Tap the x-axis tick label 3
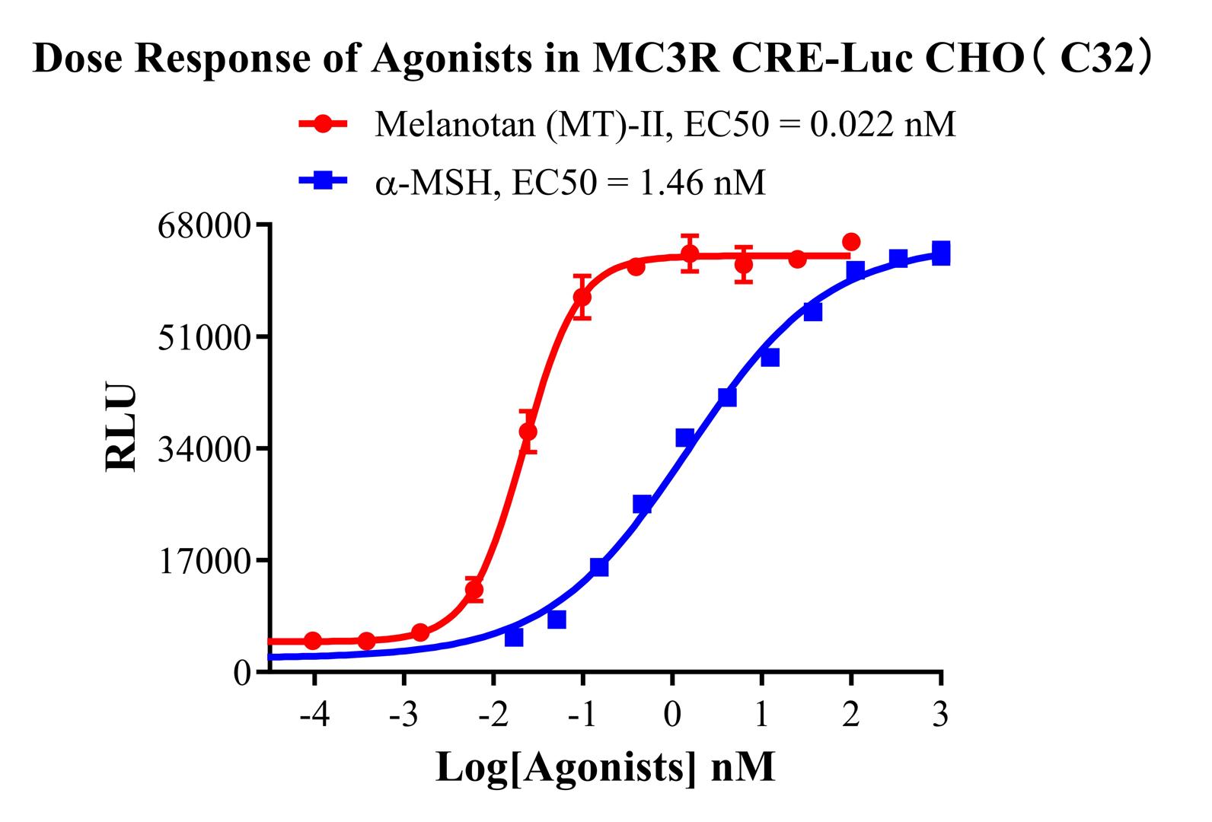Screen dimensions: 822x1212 pyautogui.click(x=941, y=715)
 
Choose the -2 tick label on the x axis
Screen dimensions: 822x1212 pyautogui.click(x=493, y=715)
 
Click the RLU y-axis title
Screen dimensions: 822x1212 pyautogui.click(x=122, y=428)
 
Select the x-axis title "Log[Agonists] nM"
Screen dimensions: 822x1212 pyautogui.click(x=605, y=767)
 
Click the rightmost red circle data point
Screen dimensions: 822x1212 pyautogui.click(x=851, y=242)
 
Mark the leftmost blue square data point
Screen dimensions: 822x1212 pyautogui.click(x=514, y=637)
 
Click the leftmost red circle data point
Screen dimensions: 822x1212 pyautogui.click(x=313, y=640)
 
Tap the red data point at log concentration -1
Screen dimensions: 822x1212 pyautogui.click(x=582, y=297)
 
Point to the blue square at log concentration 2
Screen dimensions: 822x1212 pyautogui.click(x=856, y=270)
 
